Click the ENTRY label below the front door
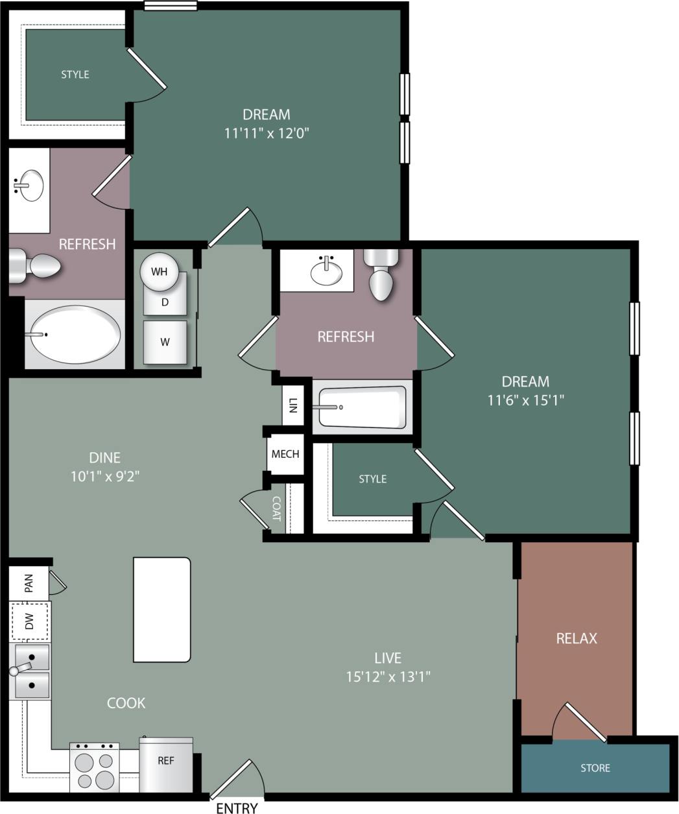click(x=237, y=808)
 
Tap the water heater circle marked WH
click(x=160, y=271)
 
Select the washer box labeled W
click(x=165, y=342)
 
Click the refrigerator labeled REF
click(x=166, y=763)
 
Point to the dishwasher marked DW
click(x=30, y=621)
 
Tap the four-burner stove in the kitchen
click(x=95, y=767)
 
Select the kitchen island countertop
click(x=162, y=609)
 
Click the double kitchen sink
click(x=30, y=671)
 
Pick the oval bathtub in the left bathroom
click(x=75, y=334)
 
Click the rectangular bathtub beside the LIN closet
click(x=362, y=407)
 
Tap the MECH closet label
click(x=285, y=453)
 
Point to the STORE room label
click(x=595, y=768)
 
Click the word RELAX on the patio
click(x=576, y=638)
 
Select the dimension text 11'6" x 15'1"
click(x=525, y=400)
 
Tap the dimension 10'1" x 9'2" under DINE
click(x=105, y=476)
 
